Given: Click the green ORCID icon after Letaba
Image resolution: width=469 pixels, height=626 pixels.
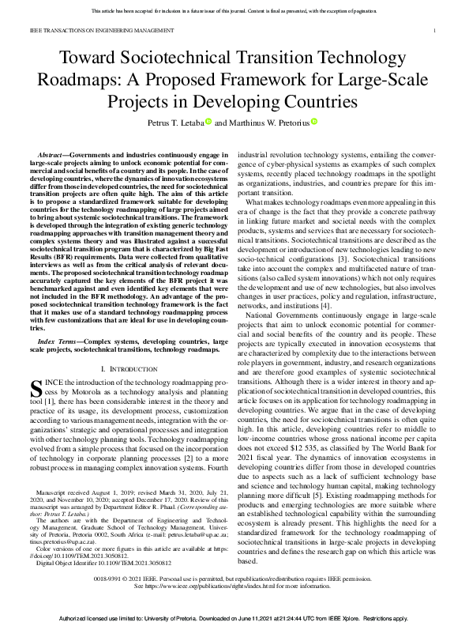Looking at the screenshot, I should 208,122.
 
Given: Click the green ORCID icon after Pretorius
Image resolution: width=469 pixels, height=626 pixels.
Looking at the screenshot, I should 314,122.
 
